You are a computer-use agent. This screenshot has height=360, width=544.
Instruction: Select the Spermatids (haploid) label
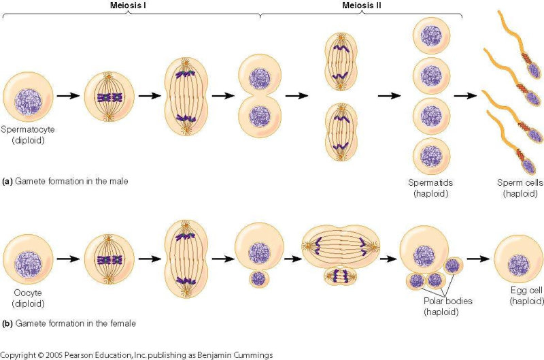431,188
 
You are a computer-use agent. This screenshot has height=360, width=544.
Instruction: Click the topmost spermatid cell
431,37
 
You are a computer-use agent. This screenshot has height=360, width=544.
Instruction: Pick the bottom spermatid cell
431,157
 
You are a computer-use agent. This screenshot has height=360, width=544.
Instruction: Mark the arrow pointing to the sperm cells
466,96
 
